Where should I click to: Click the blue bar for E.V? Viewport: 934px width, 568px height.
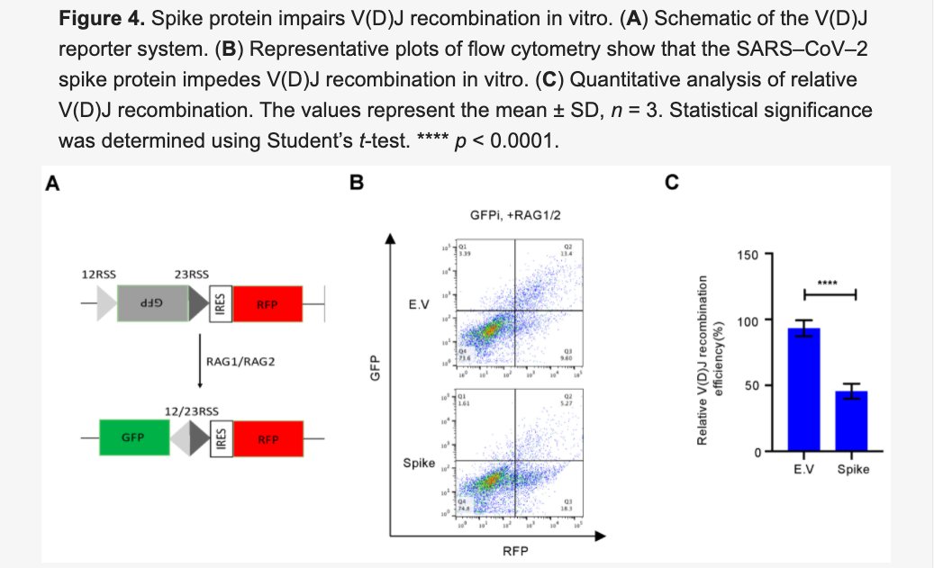(x=803, y=389)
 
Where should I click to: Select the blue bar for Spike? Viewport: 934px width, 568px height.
(x=851, y=420)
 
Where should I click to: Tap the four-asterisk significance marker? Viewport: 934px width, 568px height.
(x=828, y=284)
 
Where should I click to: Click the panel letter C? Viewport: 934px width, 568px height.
(x=671, y=184)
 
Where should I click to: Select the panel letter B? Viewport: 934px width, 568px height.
(x=357, y=184)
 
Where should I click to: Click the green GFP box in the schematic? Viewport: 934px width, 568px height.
(x=132, y=438)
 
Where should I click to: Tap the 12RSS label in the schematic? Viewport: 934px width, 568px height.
(x=99, y=274)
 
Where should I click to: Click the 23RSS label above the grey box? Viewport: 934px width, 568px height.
(x=191, y=274)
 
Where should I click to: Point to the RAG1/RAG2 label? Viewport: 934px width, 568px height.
(x=240, y=362)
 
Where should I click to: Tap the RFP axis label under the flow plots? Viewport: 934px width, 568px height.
(x=515, y=551)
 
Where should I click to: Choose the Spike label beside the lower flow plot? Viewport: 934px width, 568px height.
(x=420, y=464)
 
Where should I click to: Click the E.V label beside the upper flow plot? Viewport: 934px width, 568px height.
(x=419, y=305)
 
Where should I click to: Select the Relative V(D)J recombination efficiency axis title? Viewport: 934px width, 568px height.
(x=711, y=361)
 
